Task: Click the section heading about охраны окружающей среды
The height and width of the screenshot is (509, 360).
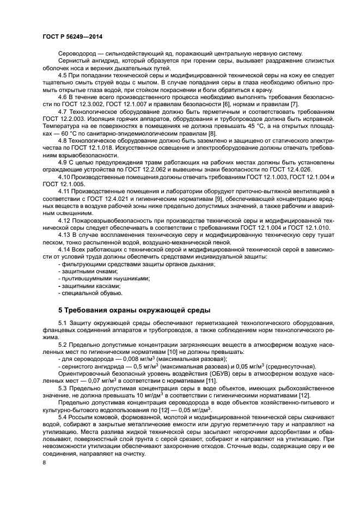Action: point(134,310)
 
